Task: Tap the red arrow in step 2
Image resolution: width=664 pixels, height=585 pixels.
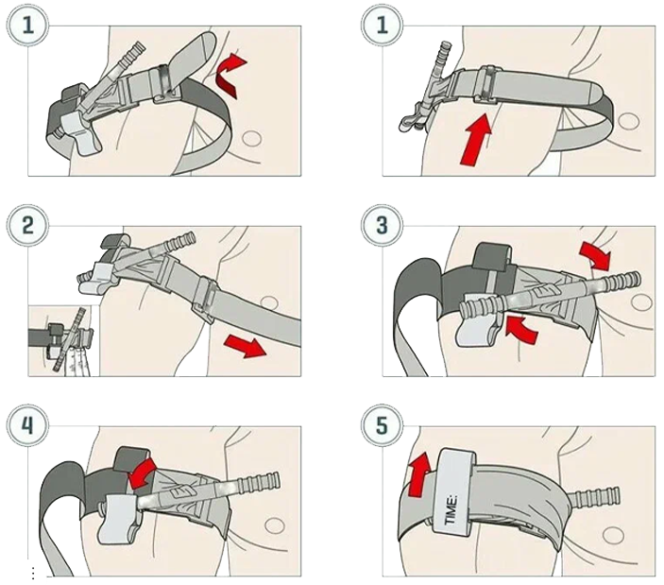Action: [245, 345]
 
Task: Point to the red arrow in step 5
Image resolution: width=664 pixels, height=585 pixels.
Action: [419, 474]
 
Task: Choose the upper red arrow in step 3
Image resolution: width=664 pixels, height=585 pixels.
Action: [595, 255]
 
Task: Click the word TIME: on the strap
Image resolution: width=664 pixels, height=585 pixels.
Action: [451, 509]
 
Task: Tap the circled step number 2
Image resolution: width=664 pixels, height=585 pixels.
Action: [27, 225]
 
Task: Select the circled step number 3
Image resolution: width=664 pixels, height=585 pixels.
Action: [382, 225]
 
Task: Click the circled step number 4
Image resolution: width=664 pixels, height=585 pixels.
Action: [27, 425]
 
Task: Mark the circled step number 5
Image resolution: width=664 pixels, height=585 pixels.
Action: [382, 425]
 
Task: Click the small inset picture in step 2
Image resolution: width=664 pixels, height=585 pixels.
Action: [63, 340]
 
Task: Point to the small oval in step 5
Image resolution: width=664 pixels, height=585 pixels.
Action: [613, 535]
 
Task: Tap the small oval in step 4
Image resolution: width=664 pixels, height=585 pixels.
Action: [275, 525]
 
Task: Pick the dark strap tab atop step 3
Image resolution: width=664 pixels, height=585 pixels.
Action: [492, 257]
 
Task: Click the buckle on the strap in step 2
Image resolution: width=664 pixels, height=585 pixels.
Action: [205, 300]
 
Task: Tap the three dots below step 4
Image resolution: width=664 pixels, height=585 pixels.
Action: [33, 574]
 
